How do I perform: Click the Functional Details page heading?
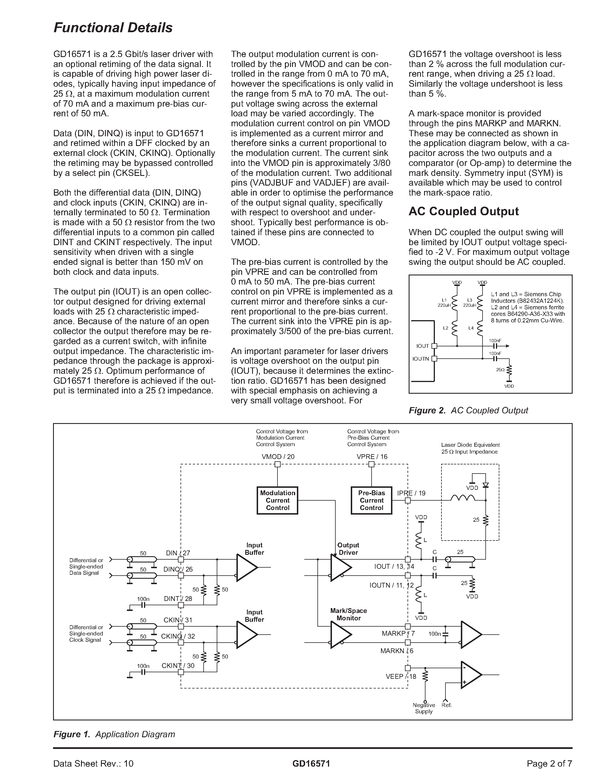(x=113, y=28)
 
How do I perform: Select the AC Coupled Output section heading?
(x=463, y=212)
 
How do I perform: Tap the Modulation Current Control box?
(x=277, y=500)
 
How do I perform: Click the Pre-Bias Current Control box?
(x=372, y=500)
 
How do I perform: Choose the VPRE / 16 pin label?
(x=372, y=457)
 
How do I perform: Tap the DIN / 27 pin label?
(x=178, y=553)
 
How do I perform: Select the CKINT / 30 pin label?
(x=178, y=665)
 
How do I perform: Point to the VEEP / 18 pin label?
(x=401, y=677)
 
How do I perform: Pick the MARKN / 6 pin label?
(x=397, y=651)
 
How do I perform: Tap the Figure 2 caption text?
(x=468, y=410)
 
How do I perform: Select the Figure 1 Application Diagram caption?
(x=114, y=734)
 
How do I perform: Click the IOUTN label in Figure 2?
(x=420, y=359)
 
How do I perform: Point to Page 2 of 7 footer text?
(x=549, y=763)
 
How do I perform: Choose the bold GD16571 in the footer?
(x=311, y=763)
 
